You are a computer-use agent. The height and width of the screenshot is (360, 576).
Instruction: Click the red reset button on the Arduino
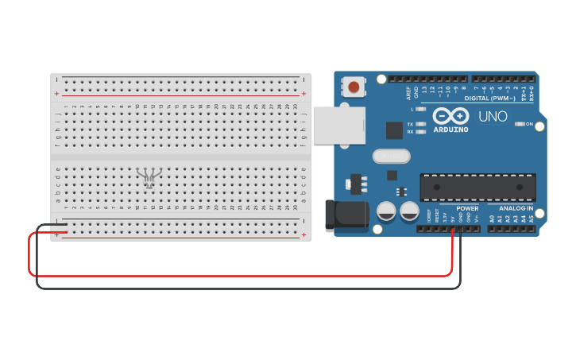click(354, 87)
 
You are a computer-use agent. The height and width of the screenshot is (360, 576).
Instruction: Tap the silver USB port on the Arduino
click(338, 126)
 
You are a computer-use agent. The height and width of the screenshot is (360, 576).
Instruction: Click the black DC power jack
click(346, 215)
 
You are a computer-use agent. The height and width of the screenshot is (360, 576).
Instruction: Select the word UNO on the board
click(493, 117)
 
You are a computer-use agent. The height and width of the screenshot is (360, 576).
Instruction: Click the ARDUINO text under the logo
click(450, 129)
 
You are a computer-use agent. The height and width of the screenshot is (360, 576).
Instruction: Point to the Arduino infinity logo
click(450, 116)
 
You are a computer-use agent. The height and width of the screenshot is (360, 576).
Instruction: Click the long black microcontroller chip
click(477, 188)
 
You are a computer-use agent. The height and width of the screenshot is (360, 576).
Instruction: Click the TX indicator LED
click(420, 124)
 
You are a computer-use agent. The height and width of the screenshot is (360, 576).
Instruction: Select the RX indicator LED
click(420, 132)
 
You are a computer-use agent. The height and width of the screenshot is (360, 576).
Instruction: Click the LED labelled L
click(420, 109)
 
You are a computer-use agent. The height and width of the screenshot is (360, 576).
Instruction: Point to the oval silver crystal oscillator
click(391, 157)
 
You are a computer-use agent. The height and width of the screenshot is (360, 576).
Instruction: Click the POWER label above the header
click(467, 208)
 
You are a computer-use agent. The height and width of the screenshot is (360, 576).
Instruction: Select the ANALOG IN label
click(516, 208)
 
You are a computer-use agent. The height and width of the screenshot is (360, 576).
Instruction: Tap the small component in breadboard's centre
click(149, 176)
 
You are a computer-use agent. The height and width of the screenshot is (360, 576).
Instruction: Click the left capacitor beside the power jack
click(387, 211)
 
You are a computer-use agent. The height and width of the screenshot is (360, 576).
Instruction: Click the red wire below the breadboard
click(238, 276)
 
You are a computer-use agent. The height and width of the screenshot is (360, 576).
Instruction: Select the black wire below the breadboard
click(238, 288)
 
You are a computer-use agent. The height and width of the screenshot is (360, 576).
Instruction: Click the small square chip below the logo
click(394, 130)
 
